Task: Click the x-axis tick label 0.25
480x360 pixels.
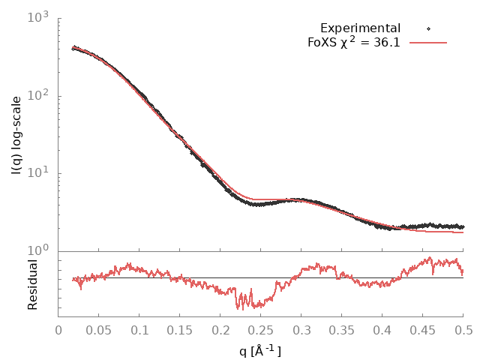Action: (261, 329)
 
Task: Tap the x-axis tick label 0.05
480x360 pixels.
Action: (99, 329)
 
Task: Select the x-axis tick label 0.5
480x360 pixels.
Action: (463, 329)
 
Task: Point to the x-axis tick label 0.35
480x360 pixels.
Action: (342, 329)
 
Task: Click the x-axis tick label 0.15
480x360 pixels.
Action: (180, 329)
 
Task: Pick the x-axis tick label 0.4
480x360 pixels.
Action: (382, 329)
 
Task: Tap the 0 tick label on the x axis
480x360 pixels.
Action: (58, 329)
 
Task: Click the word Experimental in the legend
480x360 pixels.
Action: (360, 28)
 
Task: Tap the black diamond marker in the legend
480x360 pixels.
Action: (428, 28)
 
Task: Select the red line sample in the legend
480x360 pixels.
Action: (428, 42)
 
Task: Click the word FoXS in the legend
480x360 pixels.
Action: (321, 42)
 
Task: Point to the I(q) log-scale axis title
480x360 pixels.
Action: (16, 134)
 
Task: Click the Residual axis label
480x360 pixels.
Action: (32, 284)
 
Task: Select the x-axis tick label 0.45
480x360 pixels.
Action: (423, 329)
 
